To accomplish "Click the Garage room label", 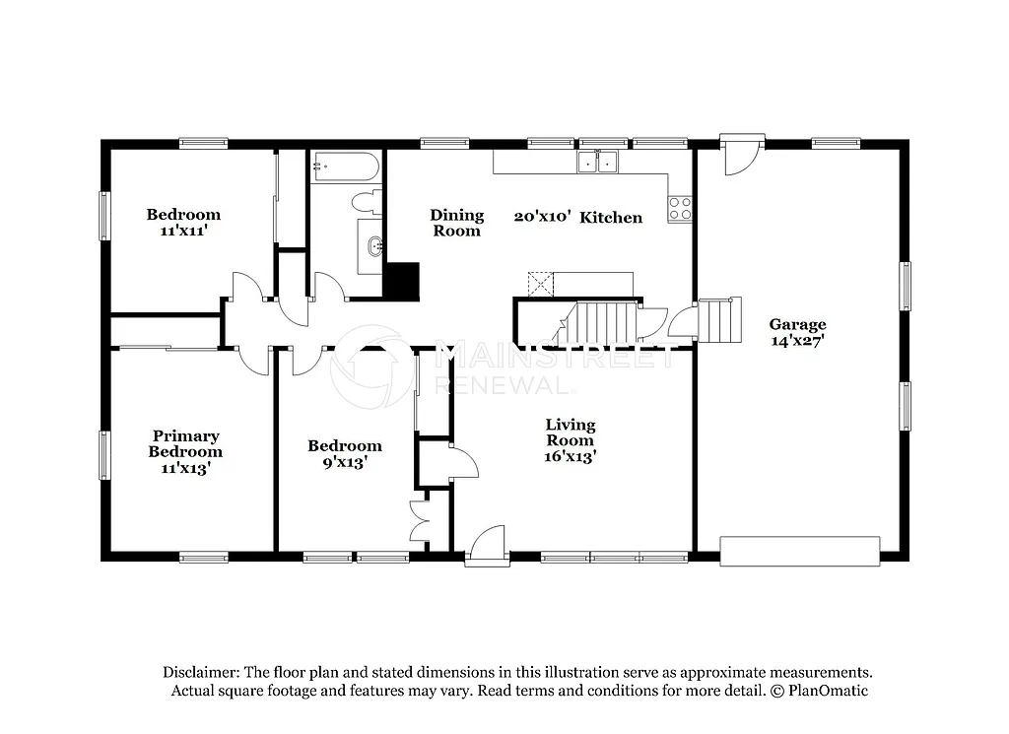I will [x=797, y=324].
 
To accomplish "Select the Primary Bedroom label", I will [x=185, y=443].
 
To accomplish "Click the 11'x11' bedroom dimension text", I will [x=183, y=231].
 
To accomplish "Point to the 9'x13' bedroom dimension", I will [x=344, y=462].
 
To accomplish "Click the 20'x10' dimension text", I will [x=542, y=218].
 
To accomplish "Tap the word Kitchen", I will [x=611, y=218].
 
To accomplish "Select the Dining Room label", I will [x=457, y=223].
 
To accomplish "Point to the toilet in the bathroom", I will [x=367, y=203].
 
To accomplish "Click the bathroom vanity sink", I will [x=372, y=246].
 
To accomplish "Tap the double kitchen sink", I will [x=597, y=162].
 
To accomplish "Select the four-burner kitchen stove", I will [x=680, y=209].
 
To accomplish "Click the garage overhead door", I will [x=799, y=551].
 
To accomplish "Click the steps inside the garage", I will [x=720, y=320].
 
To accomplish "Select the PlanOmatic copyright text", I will [x=817, y=691].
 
